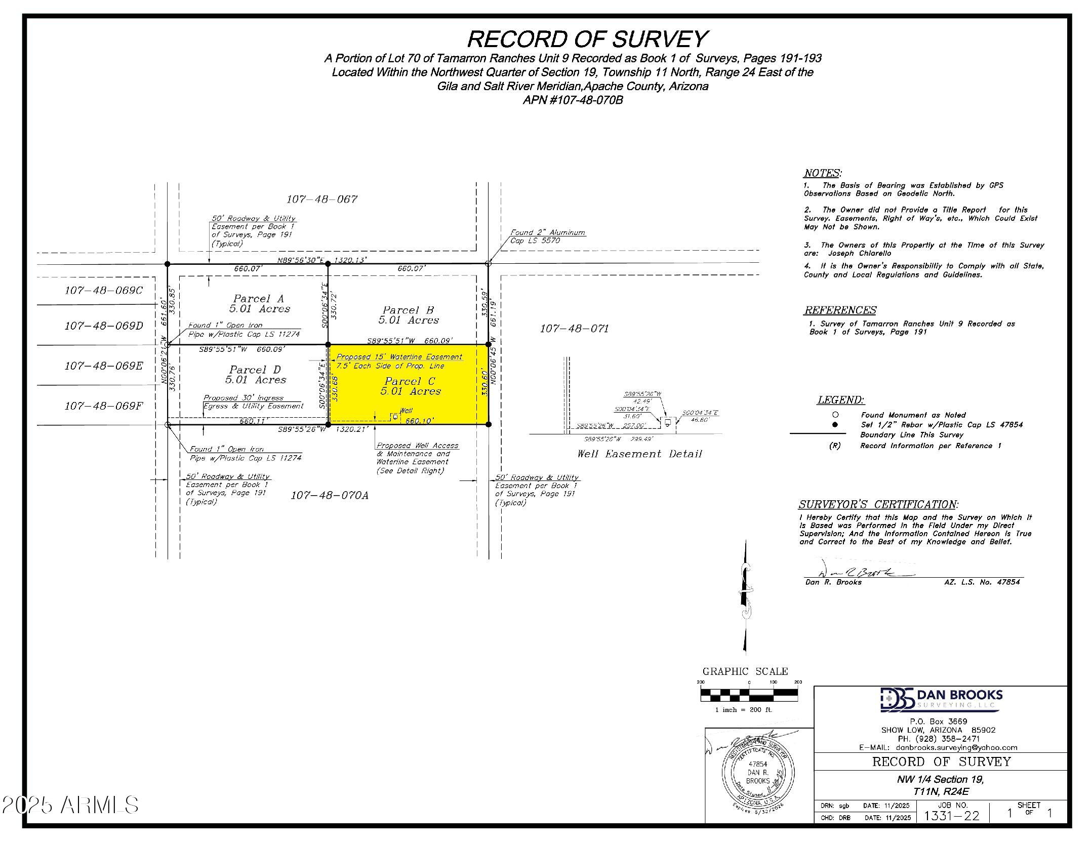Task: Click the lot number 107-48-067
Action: [x=322, y=199]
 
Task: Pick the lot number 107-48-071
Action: [x=574, y=329]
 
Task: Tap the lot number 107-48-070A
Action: [x=329, y=495]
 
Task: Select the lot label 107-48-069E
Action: [x=104, y=366]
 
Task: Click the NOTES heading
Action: [x=822, y=173]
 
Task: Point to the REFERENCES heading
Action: [x=840, y=310]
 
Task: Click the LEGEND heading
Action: [x=840, y=400]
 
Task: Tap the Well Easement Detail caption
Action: [x=639, y=454]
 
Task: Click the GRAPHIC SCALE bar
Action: [x=749, y=694]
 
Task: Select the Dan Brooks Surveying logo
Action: [x=941, y=699]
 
